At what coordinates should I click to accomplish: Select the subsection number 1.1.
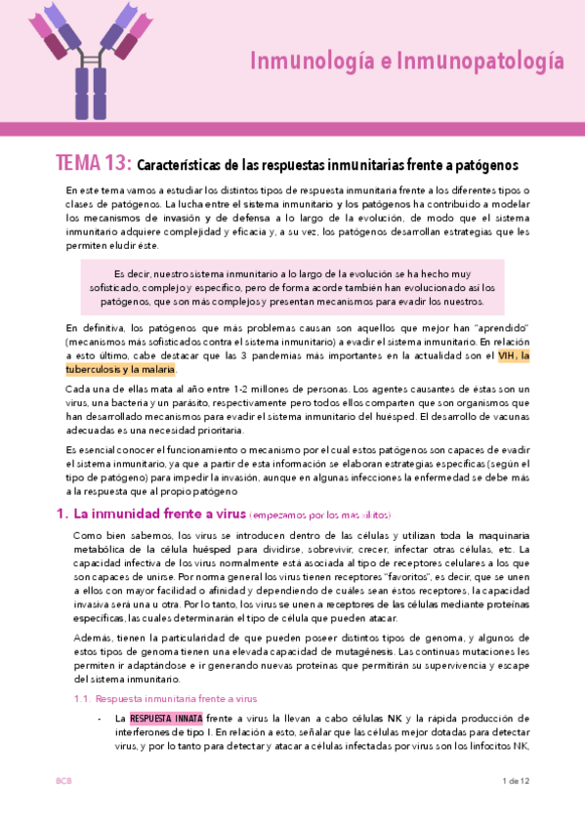coord(85,672)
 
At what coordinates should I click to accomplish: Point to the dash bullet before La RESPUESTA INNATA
coord(102,690)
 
